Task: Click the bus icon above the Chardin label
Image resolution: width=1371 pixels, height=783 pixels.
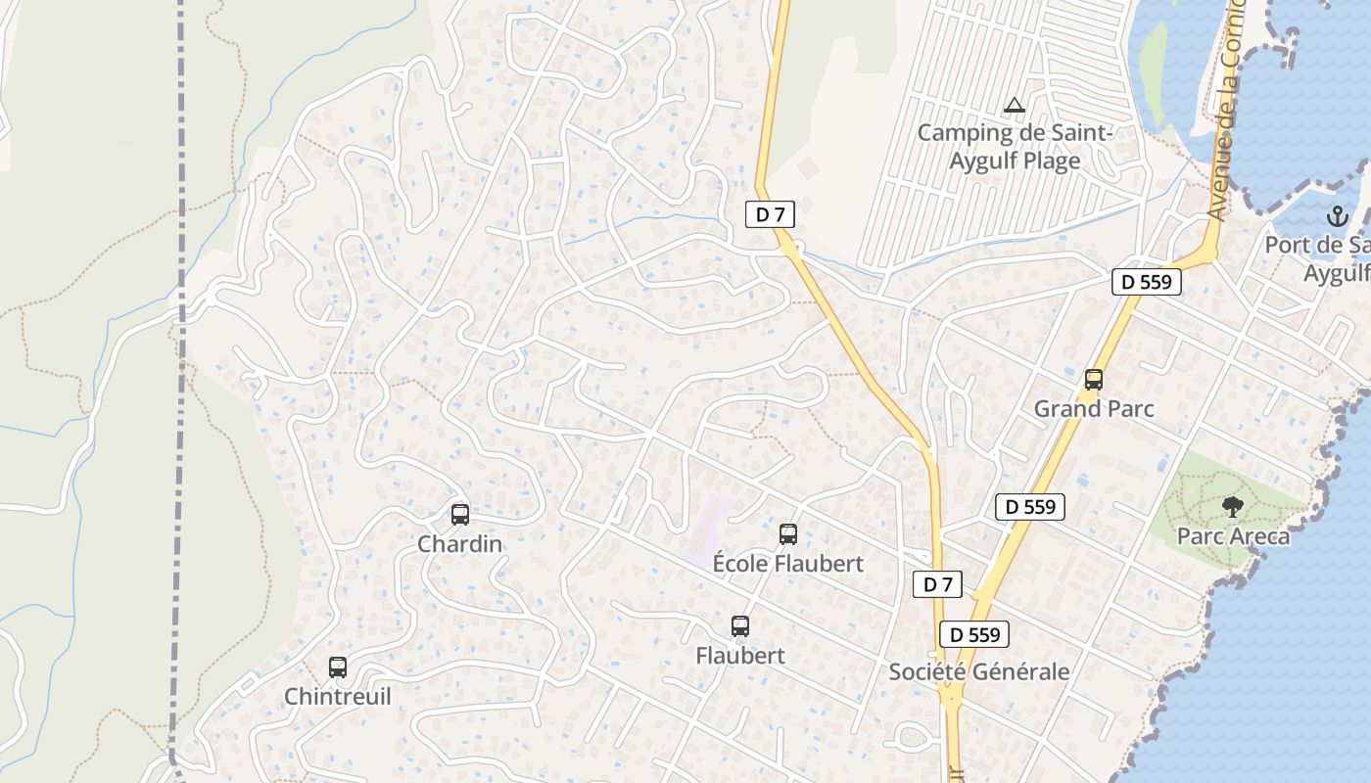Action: tap(459, 514)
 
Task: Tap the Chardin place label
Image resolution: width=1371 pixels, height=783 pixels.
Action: tap(459, 543)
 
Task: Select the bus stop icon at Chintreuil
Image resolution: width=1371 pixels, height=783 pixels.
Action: tap(338, 668)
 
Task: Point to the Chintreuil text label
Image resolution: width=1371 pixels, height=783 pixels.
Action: tap(337, 697)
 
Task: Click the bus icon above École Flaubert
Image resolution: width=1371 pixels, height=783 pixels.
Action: tap(788, 534)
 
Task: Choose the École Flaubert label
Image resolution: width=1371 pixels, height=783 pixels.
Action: tap(788, 564)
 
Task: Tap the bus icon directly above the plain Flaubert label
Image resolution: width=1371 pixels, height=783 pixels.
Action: tap(740, 626)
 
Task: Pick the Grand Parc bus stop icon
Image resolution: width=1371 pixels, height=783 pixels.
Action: tap(1094, 380)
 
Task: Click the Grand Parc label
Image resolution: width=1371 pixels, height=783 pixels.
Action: tap(1094, 408)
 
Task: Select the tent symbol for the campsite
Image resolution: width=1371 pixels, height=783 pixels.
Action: tap(1015, 105)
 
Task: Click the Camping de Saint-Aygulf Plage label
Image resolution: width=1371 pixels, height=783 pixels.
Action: tap(1015, 146)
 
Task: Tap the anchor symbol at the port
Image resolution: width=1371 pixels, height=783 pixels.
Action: tap(1338, 216)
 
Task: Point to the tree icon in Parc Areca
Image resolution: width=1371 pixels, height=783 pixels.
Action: tap(1233, 507)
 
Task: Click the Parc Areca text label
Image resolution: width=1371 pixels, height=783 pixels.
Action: tap(1233, 536)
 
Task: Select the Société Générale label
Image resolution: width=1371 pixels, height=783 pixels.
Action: tap(978, 671)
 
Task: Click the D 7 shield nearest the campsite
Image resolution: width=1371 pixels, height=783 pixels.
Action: tap(770, 214)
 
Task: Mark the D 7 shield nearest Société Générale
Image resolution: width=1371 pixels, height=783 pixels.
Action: tap(937, 584)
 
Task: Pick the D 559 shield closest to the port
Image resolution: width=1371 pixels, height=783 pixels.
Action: tap(1147, 283)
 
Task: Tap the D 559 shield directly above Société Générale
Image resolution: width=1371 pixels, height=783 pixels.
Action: tap(973, 634)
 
